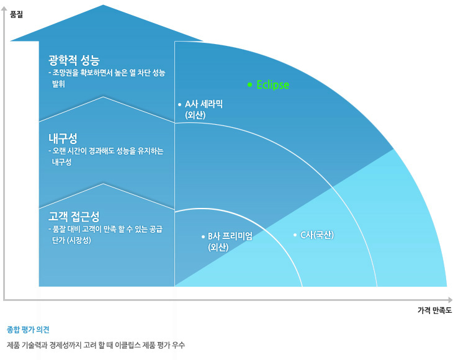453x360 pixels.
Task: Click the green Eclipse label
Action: pyautogui.click(x=273, y=85)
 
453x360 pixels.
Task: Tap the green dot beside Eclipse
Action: pyautogui.click(x=249, y=84)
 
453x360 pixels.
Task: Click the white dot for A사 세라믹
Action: pyautogui.click(x=179, y=104)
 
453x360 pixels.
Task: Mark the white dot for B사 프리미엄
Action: pyautogui.click(x=203, y=236)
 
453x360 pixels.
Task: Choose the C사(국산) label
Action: pyautogui.click(x=317, y=235)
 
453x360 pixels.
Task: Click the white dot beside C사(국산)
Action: pyautogui.click(x=295, y=235)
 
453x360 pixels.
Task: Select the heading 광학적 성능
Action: pyautogui.click(x=74, y=60)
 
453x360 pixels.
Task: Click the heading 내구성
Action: pyautogui.click(x=62, y=137)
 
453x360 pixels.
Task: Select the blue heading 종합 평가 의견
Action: pyautogui.click(x=28, y=329)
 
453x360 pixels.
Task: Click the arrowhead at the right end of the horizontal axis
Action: pyautogui.click(x=449, y=299)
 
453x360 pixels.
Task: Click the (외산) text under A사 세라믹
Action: pyautogui.click(x=195, y=115)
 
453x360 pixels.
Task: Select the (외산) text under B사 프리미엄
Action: pyautogui.click(x=218, y=247)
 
